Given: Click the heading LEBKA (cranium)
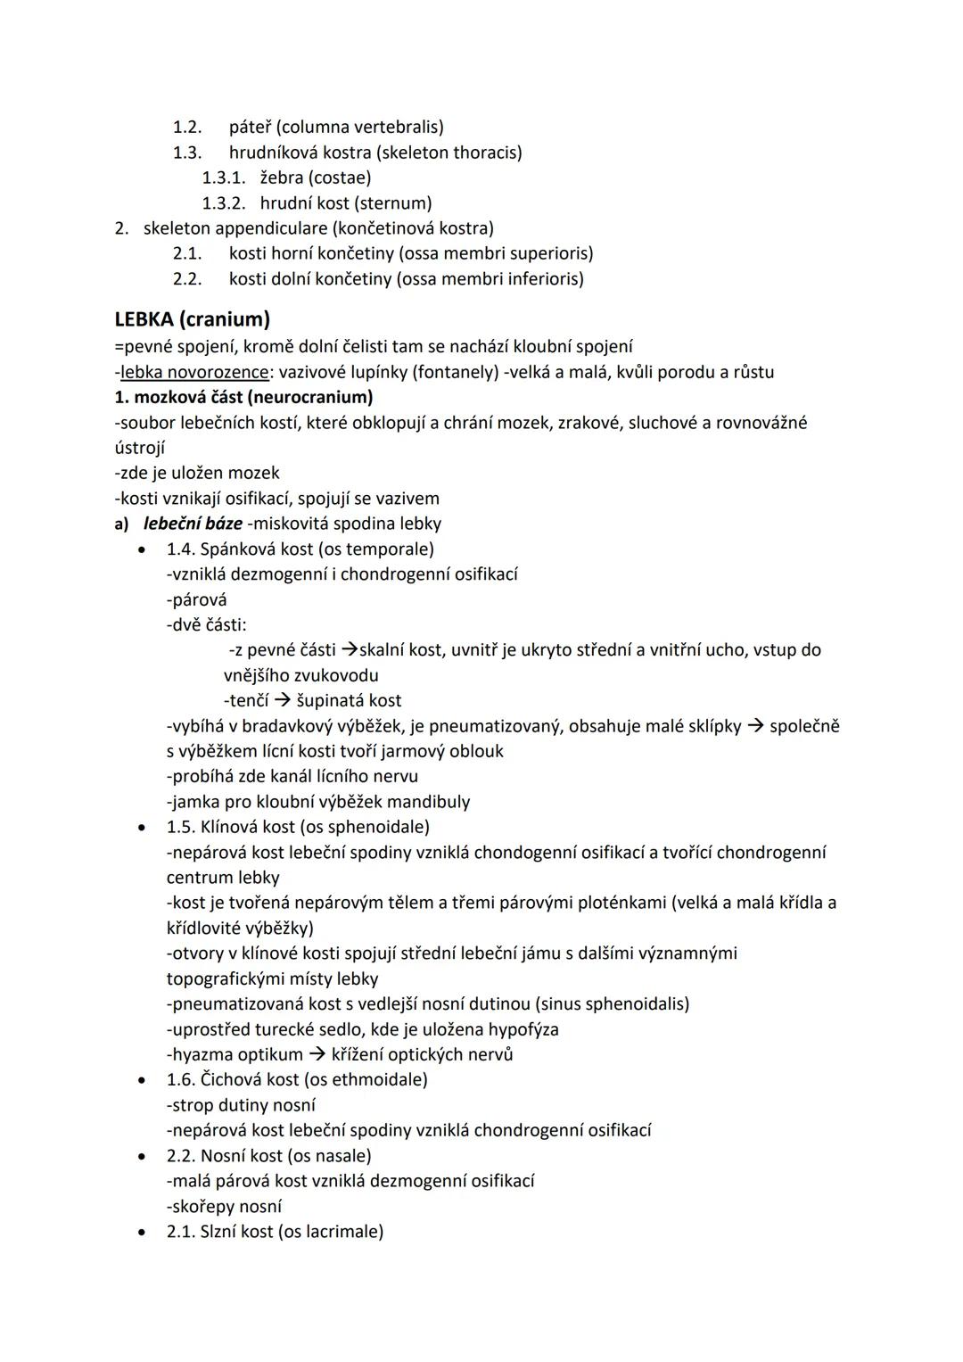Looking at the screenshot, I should click(x=192, y=318).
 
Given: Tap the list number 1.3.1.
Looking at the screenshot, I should click(x=224, y=177).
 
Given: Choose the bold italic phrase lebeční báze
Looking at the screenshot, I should click(x=193, y=524).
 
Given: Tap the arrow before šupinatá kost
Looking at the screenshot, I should click(x=282, y=701).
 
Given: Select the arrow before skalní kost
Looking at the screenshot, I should click(x=350, y=650).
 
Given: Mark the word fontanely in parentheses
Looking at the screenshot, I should click(x=451, y=372).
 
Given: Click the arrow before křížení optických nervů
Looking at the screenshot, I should click(x=317, y=1054).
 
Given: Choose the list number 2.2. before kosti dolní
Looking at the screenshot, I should click(x=187, y=279).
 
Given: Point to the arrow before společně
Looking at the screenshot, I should click(x=755, y=726).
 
